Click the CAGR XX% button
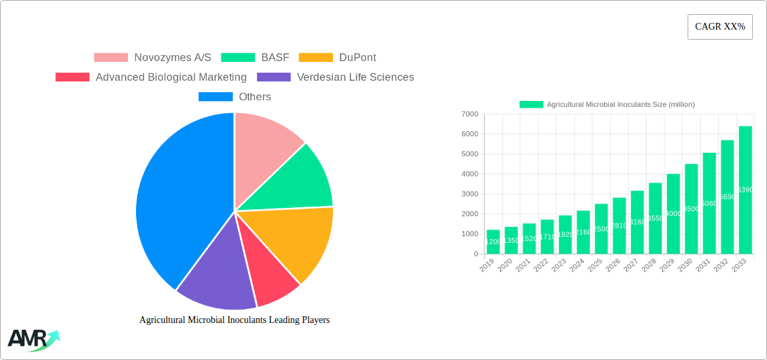[719, 27]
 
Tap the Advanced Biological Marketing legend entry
[151, 77]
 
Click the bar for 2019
[493, 242]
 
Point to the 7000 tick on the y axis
[470, 114]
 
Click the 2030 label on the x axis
[685, 266]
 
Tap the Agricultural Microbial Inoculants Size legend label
[620, 104]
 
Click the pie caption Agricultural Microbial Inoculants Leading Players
[234, 320]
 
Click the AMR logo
[33, 340]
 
